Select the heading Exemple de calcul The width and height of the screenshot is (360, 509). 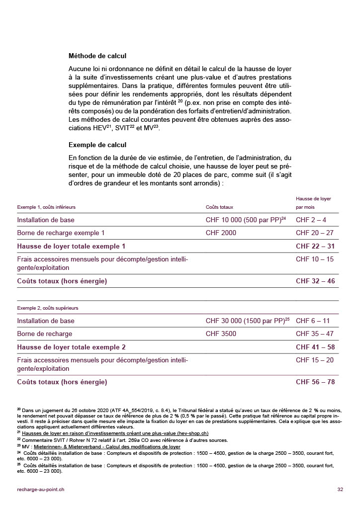point(97,145)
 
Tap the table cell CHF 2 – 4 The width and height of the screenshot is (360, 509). point(311,220)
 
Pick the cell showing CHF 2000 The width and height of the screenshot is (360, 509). point(221,233)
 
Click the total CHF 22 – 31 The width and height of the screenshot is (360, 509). point(315,246)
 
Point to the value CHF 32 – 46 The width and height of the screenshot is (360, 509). point(315,281)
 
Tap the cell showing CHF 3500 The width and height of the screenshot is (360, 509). point(221,334)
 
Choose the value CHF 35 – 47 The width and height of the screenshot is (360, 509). point(315,334)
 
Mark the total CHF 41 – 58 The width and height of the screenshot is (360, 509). point(315,347)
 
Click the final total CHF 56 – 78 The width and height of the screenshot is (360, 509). point(315,382)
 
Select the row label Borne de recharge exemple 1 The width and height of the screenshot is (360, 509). point(61,233)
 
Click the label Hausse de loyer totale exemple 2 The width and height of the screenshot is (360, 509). point(71,347)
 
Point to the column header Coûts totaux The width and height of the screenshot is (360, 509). point(219,207)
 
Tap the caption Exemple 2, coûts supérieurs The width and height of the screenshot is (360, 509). point(47,308)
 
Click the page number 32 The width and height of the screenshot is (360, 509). point(340,490)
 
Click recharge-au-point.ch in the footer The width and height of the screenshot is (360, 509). point(40,490)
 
